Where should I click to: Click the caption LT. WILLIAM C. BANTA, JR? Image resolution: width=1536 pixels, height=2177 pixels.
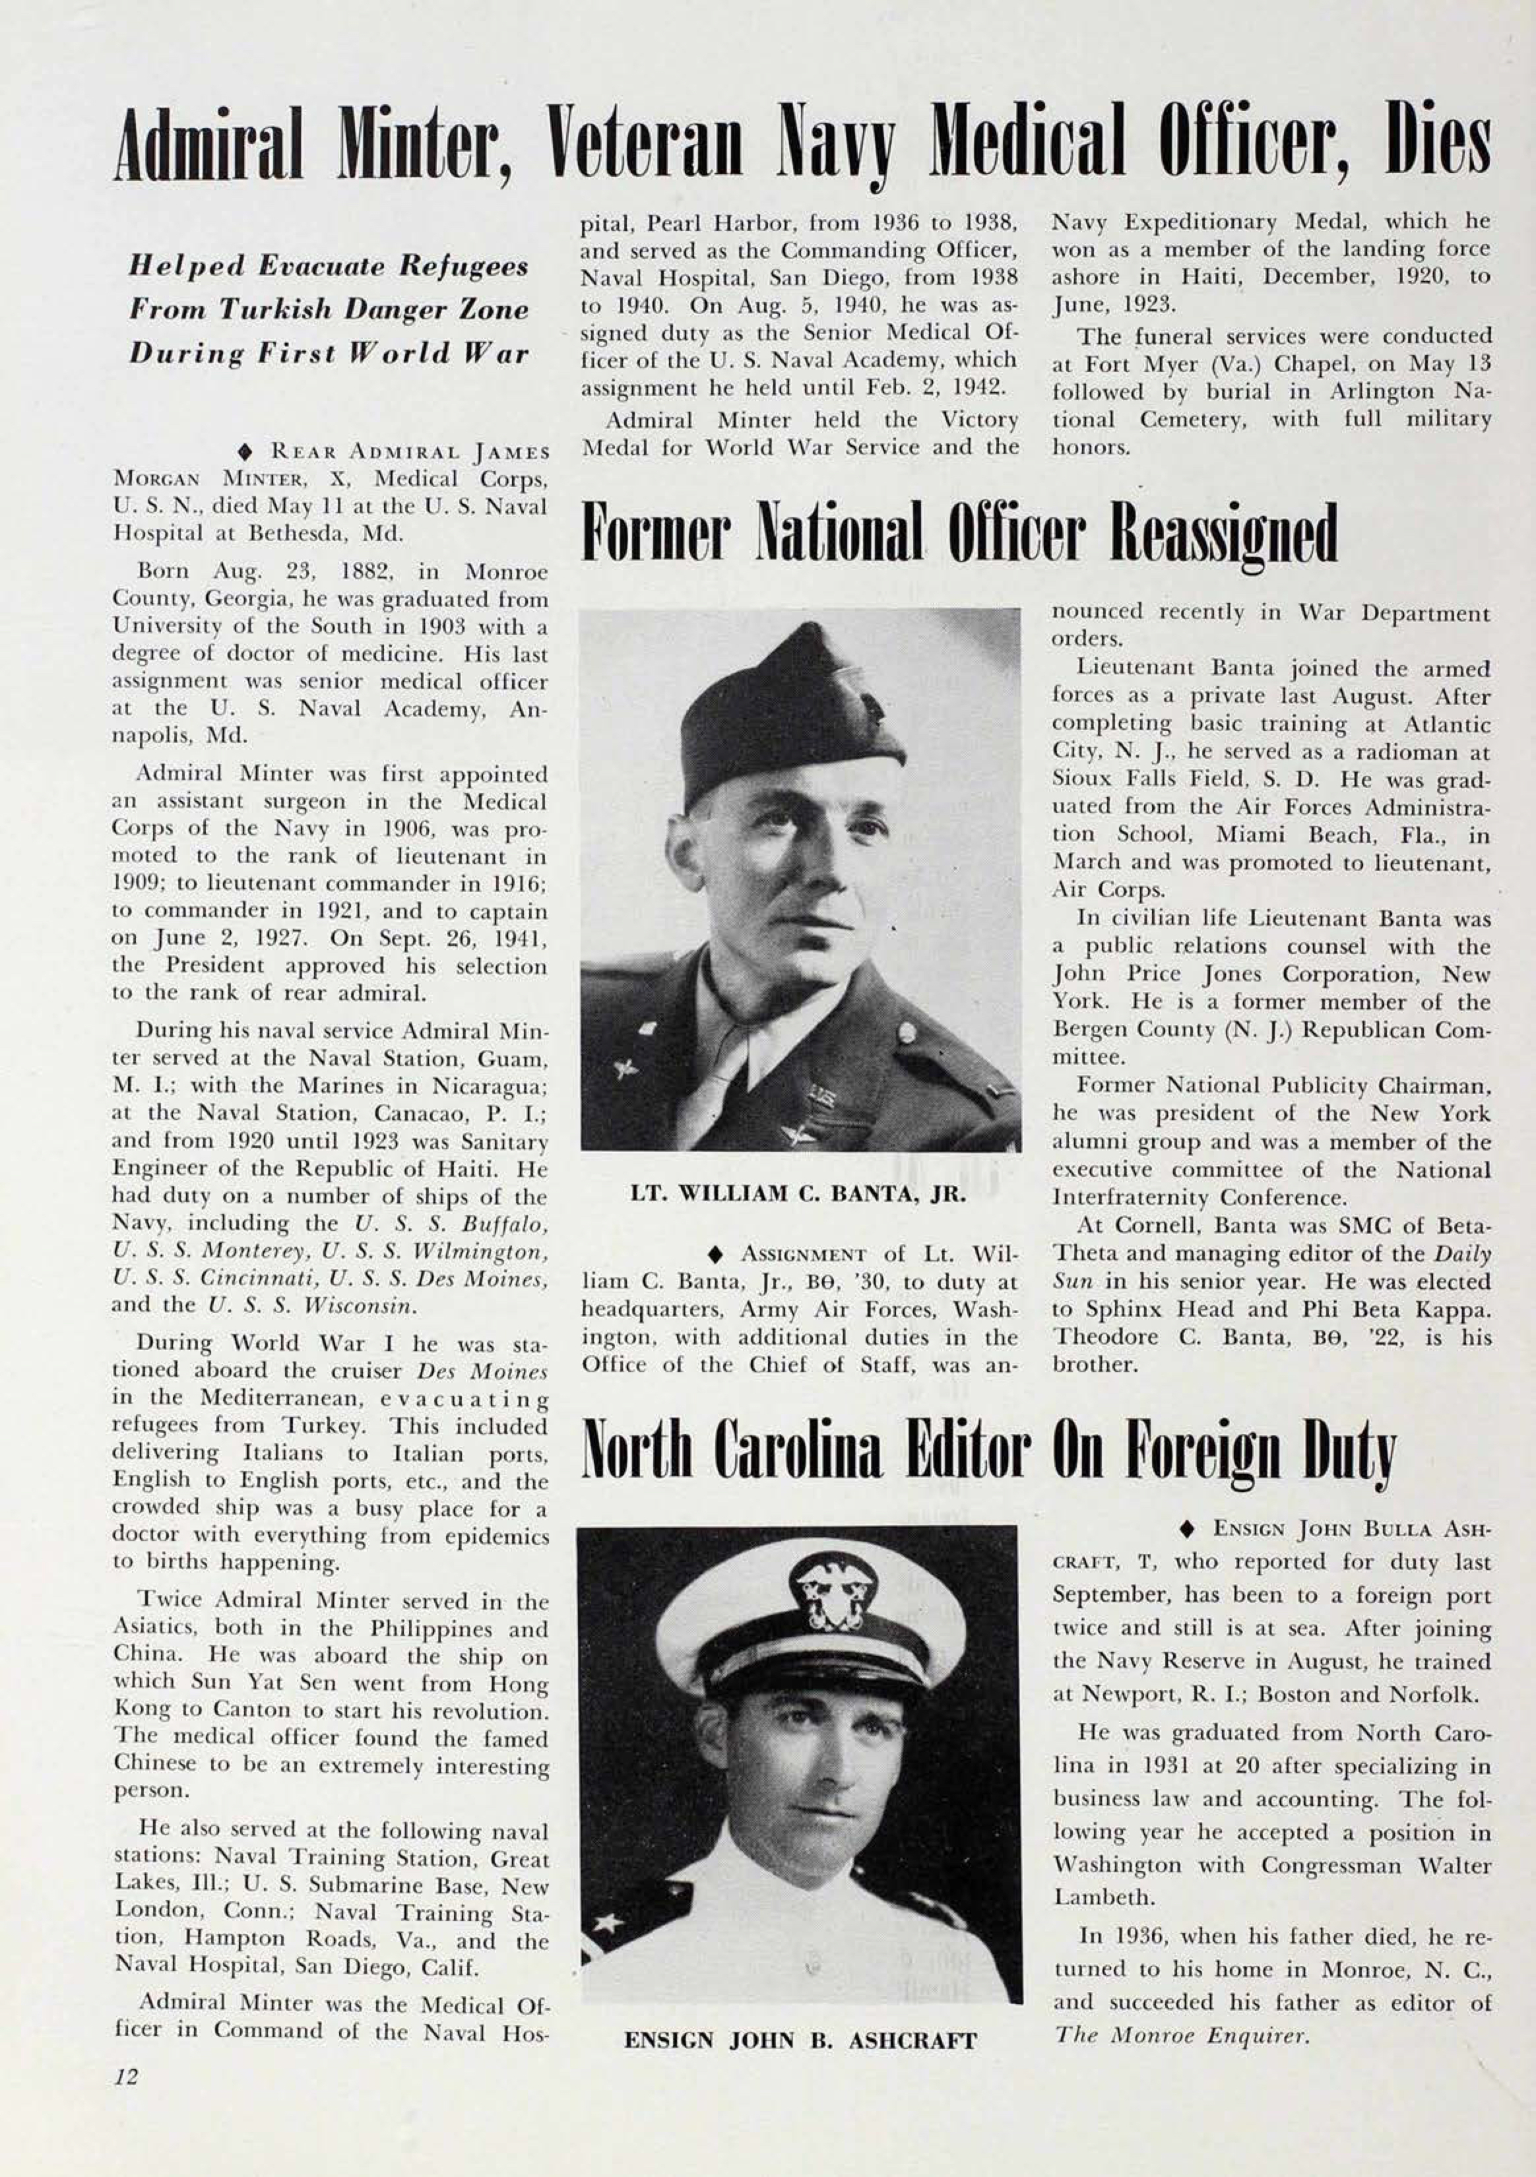798,1194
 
